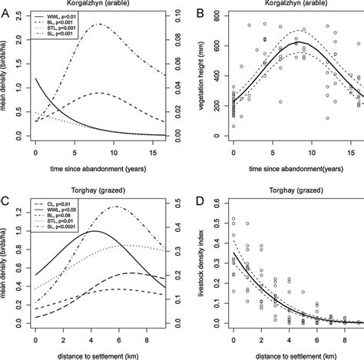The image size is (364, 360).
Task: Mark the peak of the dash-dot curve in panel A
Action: click(x=98, y=24)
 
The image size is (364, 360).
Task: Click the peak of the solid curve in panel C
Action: click(x=94, y=231)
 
